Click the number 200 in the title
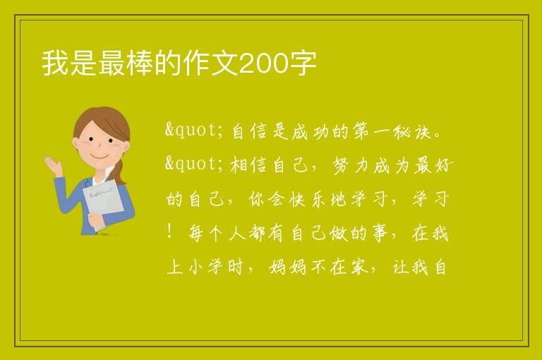tap(263, 64)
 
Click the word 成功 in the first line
tap(310, 132)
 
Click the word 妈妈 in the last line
tap(288, 268)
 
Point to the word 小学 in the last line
tap(206, 268)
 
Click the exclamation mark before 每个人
tap(169, 231)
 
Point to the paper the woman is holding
tap(103, 200)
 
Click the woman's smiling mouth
tap(100, 156)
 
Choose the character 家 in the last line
tap(359, 268)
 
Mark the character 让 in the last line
tap(401, 268)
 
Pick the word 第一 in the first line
tap(372, 132)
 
